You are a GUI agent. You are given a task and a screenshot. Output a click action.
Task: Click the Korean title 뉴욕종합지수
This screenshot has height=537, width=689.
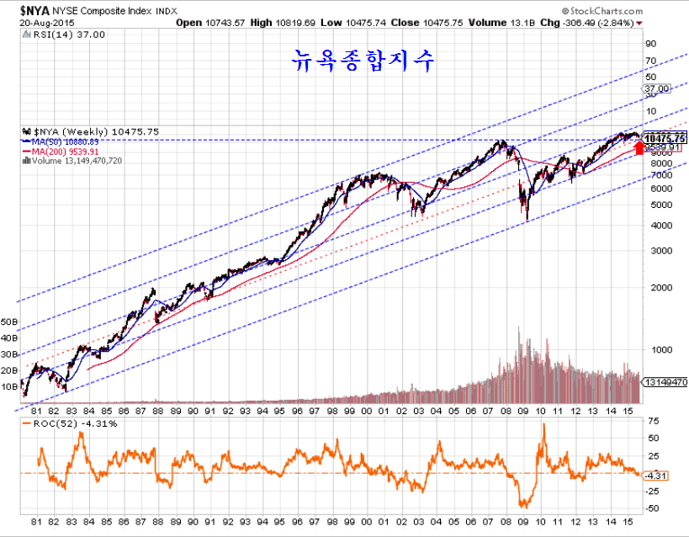[363, 60]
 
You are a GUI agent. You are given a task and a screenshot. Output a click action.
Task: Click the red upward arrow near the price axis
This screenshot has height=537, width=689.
[639, 148]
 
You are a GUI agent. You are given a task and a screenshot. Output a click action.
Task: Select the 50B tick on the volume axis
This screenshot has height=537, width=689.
[10, 322]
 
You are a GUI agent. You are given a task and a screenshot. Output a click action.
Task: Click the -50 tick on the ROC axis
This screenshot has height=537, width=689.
[652, 509]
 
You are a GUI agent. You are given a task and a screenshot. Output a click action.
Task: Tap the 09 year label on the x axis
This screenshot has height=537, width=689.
[523, 522]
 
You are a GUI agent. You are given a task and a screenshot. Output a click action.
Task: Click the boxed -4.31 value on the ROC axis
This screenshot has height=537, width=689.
[655, 475]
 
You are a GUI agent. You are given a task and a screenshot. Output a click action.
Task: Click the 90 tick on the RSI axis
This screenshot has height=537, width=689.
[650, 44]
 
